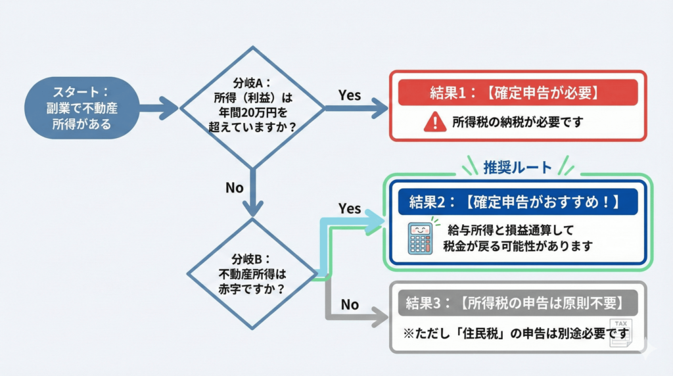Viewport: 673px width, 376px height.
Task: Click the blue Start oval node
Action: coord(82,108)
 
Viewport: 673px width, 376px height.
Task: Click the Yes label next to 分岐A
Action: coord(350,95)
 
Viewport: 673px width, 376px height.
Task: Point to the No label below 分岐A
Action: coord(235,188)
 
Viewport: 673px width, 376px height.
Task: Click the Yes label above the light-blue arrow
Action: coord(350,208)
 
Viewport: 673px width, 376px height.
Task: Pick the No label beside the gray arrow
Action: coord(350,304)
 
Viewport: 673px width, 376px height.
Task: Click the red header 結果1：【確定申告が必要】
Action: coord(517,93)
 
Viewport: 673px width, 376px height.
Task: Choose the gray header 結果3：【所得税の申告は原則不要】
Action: coord(517,303)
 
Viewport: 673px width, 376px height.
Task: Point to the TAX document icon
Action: coord(621,333)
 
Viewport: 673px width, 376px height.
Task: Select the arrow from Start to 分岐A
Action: coord(158,108)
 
